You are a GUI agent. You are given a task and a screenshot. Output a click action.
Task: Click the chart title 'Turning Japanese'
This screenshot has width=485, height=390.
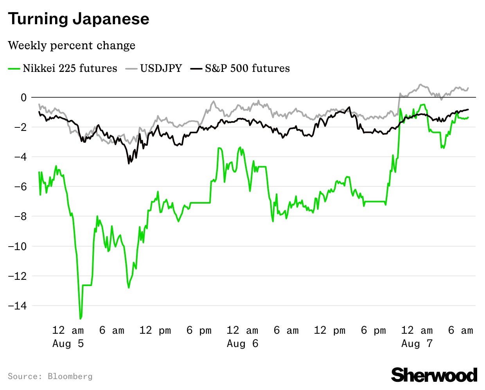tap(79, 19)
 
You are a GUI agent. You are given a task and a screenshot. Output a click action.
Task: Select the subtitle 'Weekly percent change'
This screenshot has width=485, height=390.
tap(72, 45)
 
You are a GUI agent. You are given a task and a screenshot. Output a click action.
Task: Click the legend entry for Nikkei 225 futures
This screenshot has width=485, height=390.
tap(63, 68)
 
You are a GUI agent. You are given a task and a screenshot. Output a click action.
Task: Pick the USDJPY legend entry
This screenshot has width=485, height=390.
tap(154, 68)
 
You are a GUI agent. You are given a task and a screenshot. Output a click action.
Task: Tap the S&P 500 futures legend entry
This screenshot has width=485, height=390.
tap(240, 68)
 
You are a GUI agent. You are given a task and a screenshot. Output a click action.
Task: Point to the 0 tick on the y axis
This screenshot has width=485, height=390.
tap(24, 97)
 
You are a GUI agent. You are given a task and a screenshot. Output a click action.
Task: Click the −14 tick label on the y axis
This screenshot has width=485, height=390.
tap(18, 306)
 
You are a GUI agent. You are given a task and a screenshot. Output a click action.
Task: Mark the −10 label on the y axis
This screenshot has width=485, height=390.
tap(18, 246)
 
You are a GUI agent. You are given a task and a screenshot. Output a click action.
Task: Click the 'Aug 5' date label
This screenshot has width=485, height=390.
tap(68, 343)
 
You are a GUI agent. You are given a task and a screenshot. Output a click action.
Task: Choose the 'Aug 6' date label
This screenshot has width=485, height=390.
tap(242, 343)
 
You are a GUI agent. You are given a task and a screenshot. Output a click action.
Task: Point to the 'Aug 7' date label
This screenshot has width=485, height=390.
tap(417, 343)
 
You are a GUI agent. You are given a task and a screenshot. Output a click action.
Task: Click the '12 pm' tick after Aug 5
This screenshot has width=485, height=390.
tap(155, 330)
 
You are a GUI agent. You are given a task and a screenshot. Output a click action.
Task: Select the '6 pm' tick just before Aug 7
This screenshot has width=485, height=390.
tap(373, 330)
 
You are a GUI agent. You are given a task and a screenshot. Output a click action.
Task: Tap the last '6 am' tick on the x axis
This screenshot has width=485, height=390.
tap(460, 330)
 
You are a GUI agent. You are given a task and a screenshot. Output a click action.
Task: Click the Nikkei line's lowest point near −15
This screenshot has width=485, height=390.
tap(81, 318)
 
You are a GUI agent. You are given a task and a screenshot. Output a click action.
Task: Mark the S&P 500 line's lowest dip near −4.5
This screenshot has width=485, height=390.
tap(129, 163)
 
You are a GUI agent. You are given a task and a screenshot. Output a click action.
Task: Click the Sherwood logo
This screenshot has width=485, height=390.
tap(434, 375)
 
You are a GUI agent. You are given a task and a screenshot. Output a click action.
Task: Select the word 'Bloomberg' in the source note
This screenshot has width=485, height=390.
tap(70, 376)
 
